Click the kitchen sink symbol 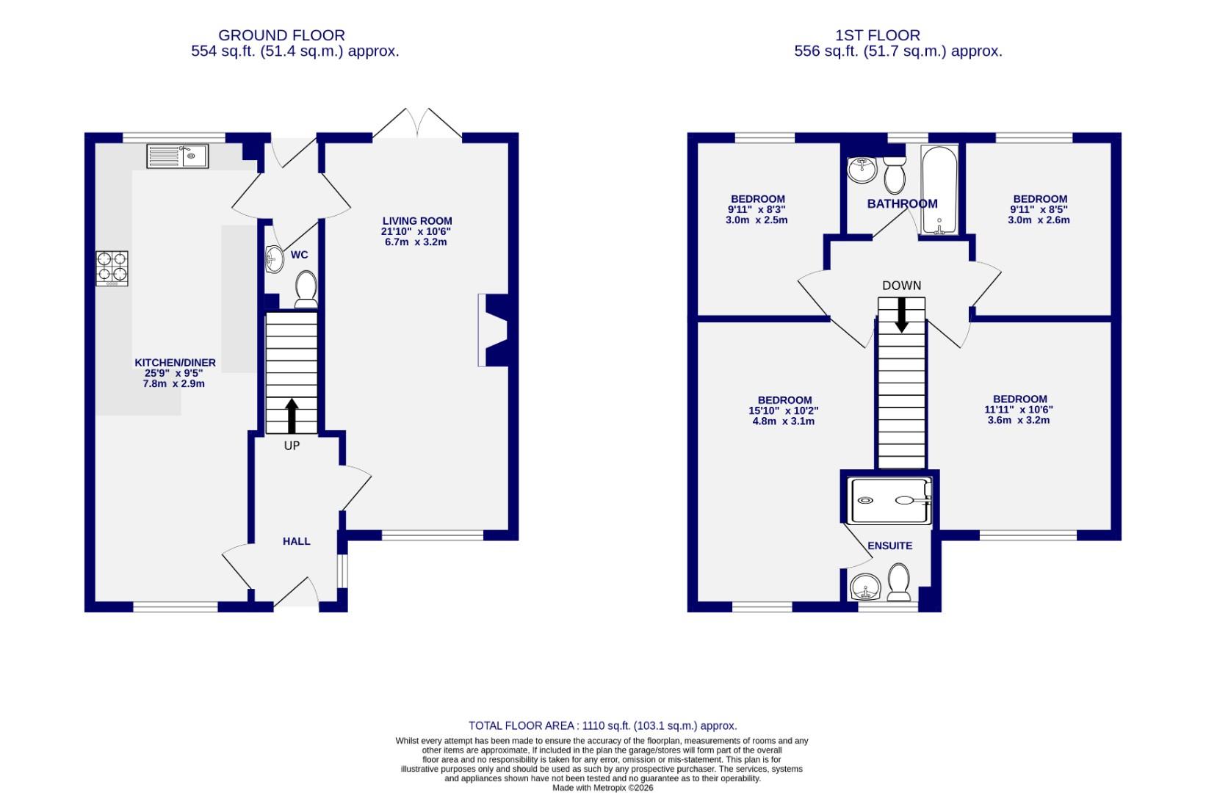(x=177, y=156)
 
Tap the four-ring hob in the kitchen (x=112, y=268)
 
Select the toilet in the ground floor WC (x=306, y=289)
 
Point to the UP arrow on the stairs (x=292, y=416)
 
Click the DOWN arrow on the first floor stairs (x=901, y=315)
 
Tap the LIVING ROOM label (x=416, y=221)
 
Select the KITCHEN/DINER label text (x=175, y=363)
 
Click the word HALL (x=297, y=541)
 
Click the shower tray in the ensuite (x=891, y=501)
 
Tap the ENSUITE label (x=889, y=546)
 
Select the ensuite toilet (x=899, y=582)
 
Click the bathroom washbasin (x=861, y=170)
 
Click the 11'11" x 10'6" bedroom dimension (x=1018, y=410)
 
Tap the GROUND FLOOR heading (x=281, y=35)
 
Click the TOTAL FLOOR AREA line (x=602, y=725)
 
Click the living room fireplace (x=494, y=330)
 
